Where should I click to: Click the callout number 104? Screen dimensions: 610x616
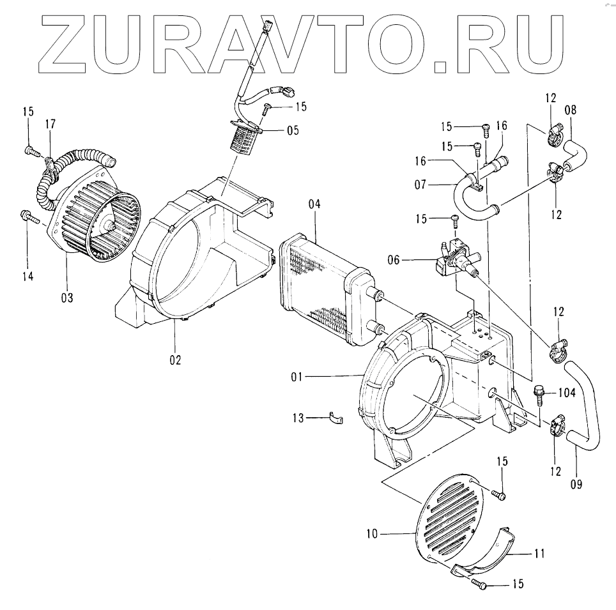coord(566,392)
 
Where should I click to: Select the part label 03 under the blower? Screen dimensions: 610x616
coord(67,297)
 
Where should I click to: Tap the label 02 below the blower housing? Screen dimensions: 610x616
coord(175,360)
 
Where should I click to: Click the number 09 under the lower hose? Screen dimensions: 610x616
coord(576,484)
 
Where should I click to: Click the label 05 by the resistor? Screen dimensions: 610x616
coord(293,131)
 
